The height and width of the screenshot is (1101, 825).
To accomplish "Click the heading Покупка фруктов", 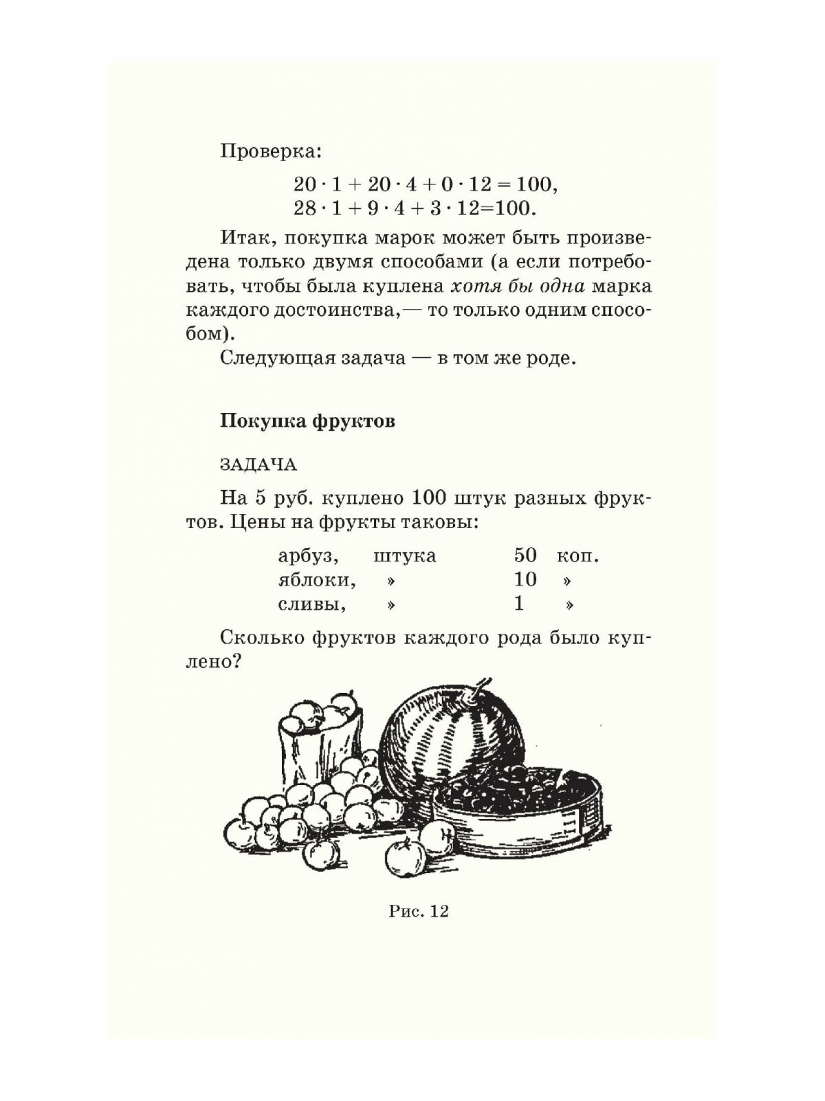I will [x=307, y=421].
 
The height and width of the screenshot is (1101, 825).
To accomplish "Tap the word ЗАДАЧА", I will [x=258, y=465].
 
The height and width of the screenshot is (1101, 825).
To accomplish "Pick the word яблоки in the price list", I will [x=317, y=580].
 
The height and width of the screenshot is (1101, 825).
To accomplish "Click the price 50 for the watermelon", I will [x=525, y=555].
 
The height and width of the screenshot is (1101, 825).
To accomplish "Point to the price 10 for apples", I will [x=525, y=580].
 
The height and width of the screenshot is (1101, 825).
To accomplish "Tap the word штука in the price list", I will [x=404, y=555].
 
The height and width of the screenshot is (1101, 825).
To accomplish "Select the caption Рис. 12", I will [x=418, y=912].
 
